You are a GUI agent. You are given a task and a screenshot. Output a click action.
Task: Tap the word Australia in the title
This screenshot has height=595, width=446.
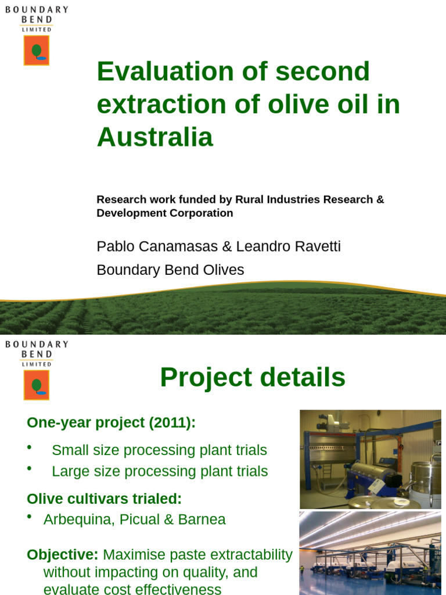pyautogui.click(x=155, y=138)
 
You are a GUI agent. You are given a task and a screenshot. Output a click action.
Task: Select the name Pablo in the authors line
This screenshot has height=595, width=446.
pyautogui.click(x=116, y=247)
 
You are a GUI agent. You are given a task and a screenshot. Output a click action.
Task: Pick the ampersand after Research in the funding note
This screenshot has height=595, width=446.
pyautogui.click(x=380, y=199)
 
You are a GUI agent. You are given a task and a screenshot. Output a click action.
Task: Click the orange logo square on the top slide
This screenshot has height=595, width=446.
pyautogui.click(x=37, y=50)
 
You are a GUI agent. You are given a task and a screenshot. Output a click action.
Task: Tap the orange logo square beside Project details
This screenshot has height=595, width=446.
pyautogui.click(x=37, y=385)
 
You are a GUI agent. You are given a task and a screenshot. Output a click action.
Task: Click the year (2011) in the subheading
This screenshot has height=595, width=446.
pyautogui.click(x=172, y=423)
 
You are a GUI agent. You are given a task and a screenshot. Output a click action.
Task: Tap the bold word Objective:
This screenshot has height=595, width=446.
pyautogui.click(x=63, y=554)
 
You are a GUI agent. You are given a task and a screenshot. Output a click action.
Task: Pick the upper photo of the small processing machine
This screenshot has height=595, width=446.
pyautogui.click(x=370, y=459)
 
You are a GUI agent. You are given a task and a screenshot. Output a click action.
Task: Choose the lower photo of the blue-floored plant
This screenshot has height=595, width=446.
pyautogui.click(x=370, y=553)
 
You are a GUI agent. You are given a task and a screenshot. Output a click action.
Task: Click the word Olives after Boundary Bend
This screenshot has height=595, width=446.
pyautogui.click(x=224, y=270)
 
